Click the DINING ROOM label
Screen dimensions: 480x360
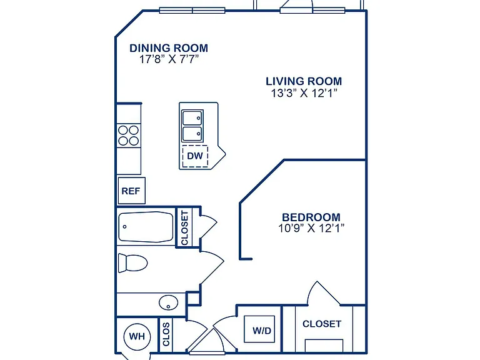(169, 48)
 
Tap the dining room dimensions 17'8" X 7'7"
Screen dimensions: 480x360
(169, 59)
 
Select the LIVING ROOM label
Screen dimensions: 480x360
(304, 81)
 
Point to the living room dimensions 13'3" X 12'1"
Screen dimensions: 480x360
(304, 92)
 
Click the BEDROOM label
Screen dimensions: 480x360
(311, 217)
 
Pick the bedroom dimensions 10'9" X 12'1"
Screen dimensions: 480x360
(311, 228)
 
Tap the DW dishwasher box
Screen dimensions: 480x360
(195, 156)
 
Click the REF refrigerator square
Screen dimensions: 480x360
(131, 191)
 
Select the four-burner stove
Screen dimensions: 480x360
(129, 135)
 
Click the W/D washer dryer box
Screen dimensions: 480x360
(259, 329)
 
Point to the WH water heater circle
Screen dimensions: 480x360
(137, 336)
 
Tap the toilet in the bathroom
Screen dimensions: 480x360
(132, 262)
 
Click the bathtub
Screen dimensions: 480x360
(146, 227)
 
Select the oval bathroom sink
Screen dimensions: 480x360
(168, 302)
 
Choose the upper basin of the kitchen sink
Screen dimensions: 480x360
(192, 117)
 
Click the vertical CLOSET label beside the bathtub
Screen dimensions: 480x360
(184, 227)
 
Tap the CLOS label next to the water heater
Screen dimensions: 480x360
(166, 334)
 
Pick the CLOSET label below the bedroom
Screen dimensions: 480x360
(322, 324)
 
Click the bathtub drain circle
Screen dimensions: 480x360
(124, 227)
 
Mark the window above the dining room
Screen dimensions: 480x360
(192, 11)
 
